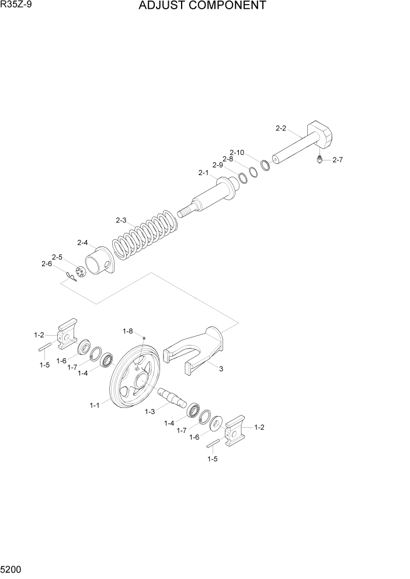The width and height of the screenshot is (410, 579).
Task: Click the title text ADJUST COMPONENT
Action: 203,6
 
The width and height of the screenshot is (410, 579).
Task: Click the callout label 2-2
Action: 281,128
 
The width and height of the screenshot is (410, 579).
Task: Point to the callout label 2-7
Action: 338,160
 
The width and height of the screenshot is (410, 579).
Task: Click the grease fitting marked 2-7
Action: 319,159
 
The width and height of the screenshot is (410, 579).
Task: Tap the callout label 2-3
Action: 121,220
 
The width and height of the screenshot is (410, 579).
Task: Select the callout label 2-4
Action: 82,243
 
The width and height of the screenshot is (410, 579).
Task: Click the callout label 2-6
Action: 47,264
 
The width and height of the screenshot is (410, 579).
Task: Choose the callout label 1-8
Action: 128,331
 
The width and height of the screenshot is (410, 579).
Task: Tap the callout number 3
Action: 221,369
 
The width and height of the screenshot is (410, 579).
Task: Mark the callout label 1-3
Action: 150,412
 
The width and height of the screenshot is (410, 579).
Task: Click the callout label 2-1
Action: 203,173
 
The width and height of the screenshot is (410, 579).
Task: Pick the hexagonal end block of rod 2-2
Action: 320,136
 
